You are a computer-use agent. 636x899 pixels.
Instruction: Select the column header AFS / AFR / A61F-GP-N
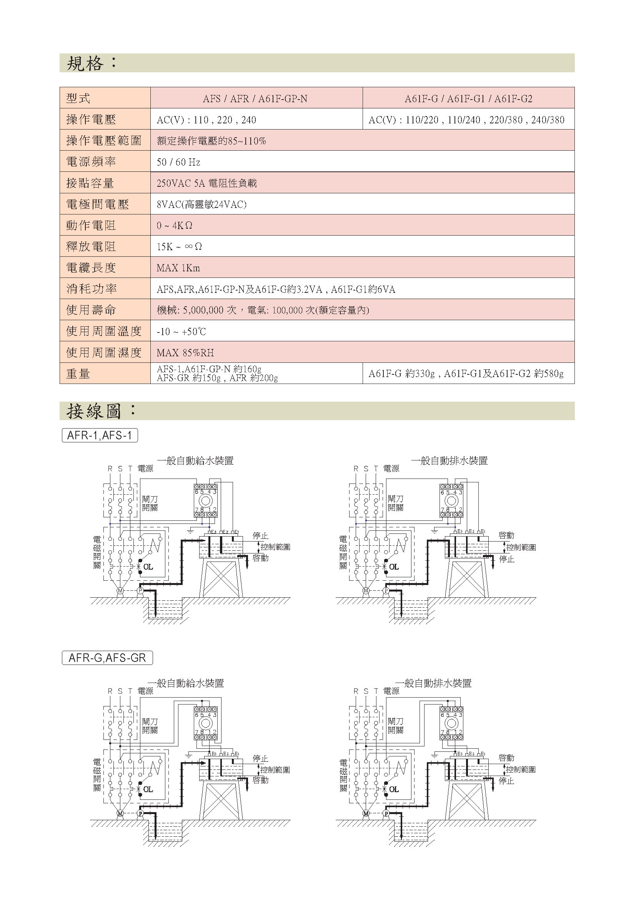pos(255,99)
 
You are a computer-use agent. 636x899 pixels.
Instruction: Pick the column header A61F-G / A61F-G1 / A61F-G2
pos(468,99)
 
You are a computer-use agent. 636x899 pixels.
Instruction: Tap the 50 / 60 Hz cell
pos(178,162)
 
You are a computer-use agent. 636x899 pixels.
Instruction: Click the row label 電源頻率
pos(91,162)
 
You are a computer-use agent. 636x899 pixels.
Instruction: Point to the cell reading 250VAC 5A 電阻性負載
pos(207,183)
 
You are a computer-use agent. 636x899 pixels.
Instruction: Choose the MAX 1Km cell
pos(178,268)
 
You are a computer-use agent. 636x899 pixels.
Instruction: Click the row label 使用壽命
pos(91,310)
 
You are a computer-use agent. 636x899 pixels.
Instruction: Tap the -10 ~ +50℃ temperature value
pos(181,332)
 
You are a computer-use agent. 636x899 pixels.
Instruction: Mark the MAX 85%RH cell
pos(185,353)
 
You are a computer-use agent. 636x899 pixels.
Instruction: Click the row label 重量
pos(78,374)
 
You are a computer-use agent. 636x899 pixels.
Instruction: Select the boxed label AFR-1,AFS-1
pos(100,435)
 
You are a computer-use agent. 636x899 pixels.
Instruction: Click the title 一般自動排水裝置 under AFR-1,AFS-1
pos(449,461)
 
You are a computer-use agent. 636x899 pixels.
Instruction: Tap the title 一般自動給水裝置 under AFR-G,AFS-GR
pos(186,683)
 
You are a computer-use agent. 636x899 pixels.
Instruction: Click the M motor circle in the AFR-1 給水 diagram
pos(120,590)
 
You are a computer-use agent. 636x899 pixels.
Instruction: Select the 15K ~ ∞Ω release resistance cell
pos(179,247)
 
